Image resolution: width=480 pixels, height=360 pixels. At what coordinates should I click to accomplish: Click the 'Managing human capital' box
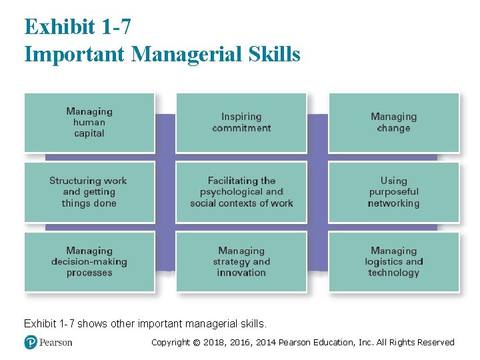(x=89, y=123)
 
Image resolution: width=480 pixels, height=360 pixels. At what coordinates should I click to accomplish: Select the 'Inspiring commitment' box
(x=241, y=123)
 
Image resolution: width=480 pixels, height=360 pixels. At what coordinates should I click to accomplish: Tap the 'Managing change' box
(x=393, y=123)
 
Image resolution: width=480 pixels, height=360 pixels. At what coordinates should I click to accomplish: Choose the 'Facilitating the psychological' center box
(x=241, y=192)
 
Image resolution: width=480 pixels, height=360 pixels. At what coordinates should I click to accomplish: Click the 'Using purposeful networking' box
(x=393, y=192)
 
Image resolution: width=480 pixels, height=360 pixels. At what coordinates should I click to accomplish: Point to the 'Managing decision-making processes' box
(x=89, y=262)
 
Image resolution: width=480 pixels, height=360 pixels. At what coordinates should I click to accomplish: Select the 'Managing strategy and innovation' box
(x=241, y=262)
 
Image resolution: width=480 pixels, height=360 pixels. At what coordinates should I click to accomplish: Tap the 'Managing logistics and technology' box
(x=393, y=262)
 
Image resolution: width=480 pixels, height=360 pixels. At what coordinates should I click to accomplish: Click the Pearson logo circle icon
(x=30, y=342)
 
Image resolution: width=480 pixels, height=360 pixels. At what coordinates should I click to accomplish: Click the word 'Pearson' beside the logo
(x=55, y=342)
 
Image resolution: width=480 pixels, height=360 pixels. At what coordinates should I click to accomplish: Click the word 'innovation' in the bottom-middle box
(x=241, y=273)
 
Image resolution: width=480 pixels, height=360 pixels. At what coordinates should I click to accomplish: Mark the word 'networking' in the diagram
(x=393, y=203)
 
